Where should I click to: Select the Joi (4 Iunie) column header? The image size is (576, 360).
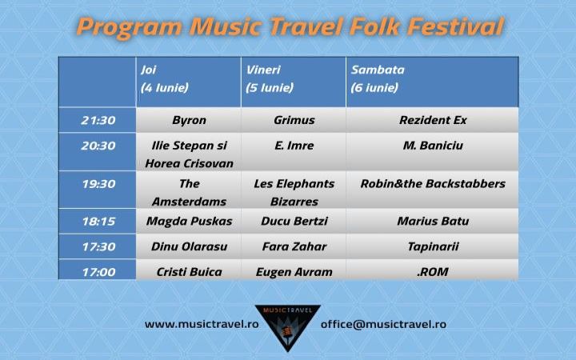189,82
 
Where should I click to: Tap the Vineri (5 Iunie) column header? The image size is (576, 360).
294,82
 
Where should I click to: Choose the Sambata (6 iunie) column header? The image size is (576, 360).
432,82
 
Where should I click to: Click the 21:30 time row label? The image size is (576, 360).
98,120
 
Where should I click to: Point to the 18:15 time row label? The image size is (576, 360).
98,221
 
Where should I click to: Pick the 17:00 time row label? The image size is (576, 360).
98,270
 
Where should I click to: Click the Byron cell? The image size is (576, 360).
189,120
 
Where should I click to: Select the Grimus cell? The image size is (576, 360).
294,120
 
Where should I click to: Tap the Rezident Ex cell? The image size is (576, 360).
432,120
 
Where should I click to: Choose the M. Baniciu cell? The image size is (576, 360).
432,152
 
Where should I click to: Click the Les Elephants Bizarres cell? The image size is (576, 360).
294,190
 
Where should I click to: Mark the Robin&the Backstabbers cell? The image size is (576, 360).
432,190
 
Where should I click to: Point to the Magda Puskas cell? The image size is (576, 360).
189,221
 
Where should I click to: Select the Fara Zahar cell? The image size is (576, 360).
294,246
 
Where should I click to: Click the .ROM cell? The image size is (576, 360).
432,270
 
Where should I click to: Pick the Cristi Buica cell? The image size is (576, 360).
189,270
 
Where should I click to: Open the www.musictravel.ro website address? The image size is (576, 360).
202,324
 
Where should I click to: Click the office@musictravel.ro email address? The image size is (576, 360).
383,324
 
